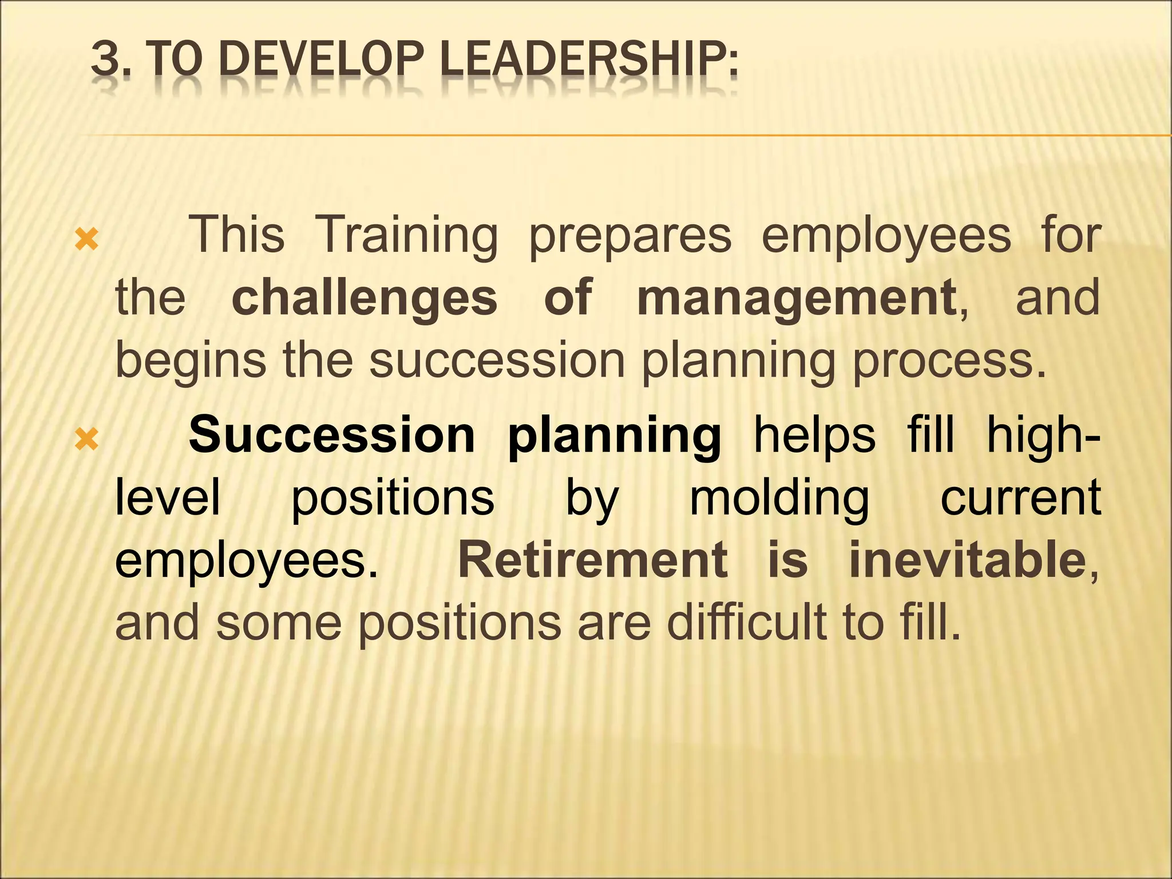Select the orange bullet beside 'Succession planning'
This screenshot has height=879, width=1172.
[x=87, y=439]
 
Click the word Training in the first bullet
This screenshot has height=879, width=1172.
[x=406, y=235]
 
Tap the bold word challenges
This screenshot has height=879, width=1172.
[x=365, y=298]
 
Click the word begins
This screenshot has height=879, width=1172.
[x=191, y=361]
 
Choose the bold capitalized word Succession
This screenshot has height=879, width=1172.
[x=332, y=435]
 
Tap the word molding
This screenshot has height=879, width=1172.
[x=779, y=498]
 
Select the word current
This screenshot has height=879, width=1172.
[x=1020, y=497]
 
